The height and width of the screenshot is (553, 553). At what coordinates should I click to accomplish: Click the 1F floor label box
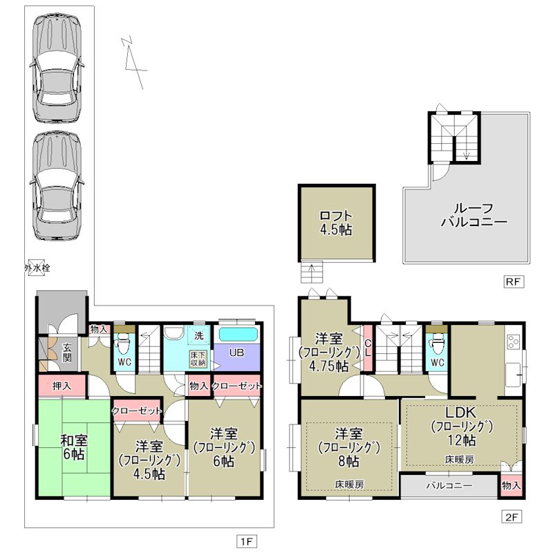tap(247, 541)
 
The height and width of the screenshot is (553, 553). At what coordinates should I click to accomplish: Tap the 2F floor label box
tap(512, 517)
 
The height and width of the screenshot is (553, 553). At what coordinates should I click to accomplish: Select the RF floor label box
tap(514, 281)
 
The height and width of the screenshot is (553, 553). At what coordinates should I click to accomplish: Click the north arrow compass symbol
tap(134, 62)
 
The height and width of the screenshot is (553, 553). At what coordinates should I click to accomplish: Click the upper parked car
tap(57, 68)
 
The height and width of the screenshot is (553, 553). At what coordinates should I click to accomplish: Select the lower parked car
tap(57, 186)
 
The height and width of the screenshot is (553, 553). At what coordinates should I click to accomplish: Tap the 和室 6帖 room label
tap(74, 447)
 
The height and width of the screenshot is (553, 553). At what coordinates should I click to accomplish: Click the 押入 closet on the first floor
tap(62, 386)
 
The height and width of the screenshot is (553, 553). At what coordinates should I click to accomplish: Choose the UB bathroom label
tap(236, 353)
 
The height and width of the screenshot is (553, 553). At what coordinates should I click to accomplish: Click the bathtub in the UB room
tap(238, 335)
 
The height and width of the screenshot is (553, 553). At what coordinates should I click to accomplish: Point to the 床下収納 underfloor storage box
tap(198, 358)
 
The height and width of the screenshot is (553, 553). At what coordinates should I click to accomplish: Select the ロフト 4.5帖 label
tap(336, 223)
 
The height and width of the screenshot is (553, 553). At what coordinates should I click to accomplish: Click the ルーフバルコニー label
tap(474, 215)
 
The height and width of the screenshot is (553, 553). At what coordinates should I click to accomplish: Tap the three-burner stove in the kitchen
tap(514, 341)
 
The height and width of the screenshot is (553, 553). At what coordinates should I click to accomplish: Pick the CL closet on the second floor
tap(368, 348)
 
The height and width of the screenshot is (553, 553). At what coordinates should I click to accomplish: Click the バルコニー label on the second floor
tap(449, 486)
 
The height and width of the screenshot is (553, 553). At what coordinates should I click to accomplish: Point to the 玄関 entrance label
tap(67, 353)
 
